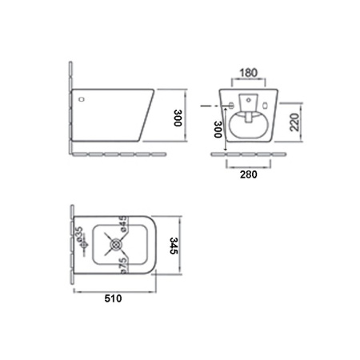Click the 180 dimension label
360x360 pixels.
tap(249, 73)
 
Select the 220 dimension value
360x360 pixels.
tap(294, 122)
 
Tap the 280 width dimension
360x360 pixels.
tap(249, 174)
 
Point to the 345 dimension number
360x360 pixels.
tap(174, 246)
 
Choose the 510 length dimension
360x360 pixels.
tap(113, 298)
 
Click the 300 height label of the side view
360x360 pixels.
tap(178, 118)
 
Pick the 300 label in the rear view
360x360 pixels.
tap(218, 130)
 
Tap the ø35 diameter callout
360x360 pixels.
tap(80, 234)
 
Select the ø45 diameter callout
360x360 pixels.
tap(123, 223)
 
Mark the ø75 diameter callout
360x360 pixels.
tap(123, 266)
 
